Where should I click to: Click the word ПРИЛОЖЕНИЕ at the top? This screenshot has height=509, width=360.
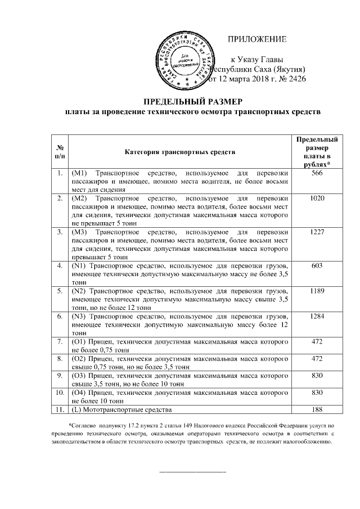point(257,39)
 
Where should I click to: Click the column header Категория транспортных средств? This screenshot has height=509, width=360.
point(180,152)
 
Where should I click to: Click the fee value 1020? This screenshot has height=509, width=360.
point(317,199)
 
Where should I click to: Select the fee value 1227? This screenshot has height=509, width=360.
point(317,231)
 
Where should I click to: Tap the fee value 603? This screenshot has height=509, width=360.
point(317,264)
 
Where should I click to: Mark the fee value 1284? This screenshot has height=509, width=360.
point(317,317)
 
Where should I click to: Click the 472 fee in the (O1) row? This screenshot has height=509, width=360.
point(317,342)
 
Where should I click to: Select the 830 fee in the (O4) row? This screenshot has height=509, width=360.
point(317,392)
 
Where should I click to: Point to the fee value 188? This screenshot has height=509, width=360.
point(317,409)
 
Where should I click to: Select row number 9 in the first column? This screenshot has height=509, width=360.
point(59,375)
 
